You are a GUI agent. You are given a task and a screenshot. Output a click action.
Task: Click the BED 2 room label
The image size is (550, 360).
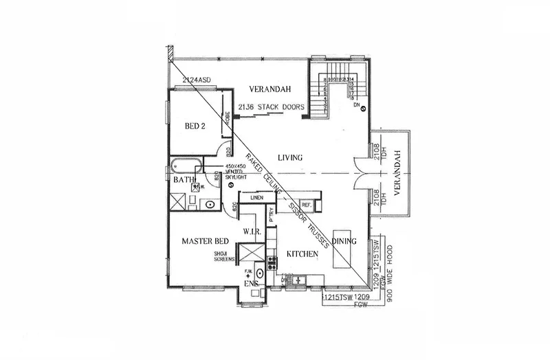[x=195, y=126]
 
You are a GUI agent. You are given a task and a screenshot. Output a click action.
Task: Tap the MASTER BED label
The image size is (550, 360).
[x=205, y=242]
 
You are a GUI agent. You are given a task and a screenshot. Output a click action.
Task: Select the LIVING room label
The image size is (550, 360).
[x=290, y=158]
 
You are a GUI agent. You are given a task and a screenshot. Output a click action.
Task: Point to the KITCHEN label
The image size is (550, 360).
[x=302, y=254]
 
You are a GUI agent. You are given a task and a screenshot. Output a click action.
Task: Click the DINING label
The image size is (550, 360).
[x=344, y=241]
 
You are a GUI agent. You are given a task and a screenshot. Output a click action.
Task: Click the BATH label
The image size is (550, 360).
[x=184, y=180]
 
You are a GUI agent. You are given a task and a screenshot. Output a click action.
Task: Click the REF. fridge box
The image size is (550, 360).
[x=307, y=205]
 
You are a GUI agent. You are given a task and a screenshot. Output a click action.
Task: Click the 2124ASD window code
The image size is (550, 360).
[x=197, y=81]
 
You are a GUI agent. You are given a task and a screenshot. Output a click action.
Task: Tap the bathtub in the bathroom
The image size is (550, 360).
[x=186, y=165]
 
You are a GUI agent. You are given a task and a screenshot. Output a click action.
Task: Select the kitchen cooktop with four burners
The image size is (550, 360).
[x=272, y=261]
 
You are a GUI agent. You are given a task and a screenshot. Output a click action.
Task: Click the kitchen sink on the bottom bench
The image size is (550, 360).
[x=298, y=280]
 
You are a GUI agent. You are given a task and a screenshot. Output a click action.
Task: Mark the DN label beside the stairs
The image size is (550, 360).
[x=357, y=106]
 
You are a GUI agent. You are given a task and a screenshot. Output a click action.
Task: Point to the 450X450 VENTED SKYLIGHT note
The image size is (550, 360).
[x=244, y=171]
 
